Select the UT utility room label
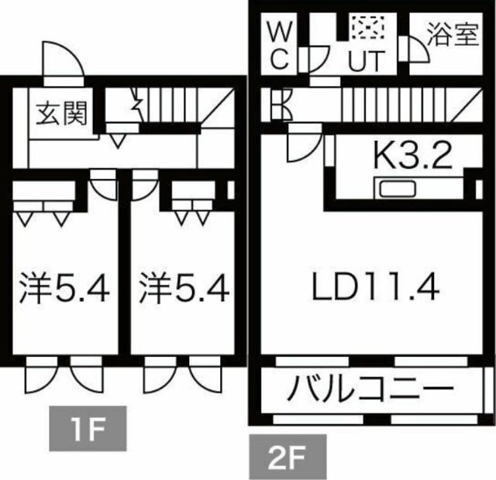365,61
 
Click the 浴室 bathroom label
452,36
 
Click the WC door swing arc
315,59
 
